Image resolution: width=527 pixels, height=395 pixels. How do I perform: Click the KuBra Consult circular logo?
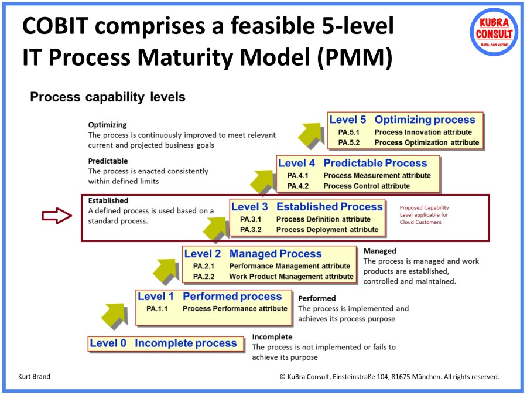493,31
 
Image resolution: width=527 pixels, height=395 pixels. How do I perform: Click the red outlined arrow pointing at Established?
56,216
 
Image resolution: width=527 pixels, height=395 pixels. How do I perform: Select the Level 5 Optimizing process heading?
402,120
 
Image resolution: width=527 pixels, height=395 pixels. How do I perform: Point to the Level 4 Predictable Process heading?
353,164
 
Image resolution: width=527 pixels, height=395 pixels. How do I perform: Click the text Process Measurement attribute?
377,175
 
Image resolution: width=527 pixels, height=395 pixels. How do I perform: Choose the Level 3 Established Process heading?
307,207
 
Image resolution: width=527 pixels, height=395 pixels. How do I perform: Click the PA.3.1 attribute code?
251,219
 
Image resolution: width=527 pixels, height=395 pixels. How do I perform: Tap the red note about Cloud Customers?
424,214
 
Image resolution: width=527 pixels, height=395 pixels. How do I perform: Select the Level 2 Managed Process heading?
253,254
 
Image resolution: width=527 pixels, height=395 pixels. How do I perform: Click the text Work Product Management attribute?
291,277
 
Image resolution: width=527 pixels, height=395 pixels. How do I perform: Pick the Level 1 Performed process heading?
210,297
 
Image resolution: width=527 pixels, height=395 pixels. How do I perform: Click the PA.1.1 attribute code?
157,308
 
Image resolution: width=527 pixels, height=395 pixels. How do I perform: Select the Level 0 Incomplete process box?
163,343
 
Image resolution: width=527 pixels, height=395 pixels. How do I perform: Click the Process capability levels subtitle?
108,97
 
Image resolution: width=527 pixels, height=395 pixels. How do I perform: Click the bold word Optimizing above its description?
107,125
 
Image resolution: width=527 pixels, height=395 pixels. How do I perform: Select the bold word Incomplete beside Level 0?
272,337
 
